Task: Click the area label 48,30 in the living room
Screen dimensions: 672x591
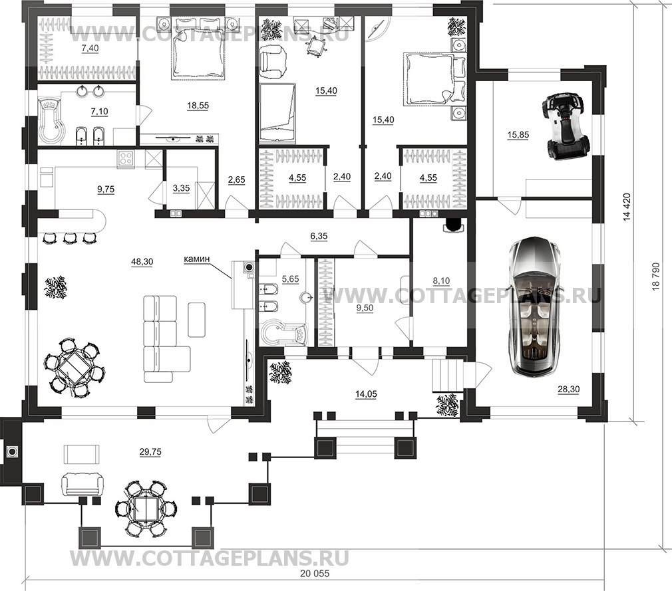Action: (142, 262)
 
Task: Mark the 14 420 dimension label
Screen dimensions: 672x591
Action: (627, 207)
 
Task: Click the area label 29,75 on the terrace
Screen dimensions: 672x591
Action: (150, 452)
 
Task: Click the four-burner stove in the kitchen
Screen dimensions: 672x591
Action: (126, 158)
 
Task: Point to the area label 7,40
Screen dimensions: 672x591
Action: (90, 49)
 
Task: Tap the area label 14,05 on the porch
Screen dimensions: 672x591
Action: (367, 394)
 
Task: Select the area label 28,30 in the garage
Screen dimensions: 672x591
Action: (569, 390)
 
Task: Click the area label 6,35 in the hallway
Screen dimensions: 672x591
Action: (319, 236)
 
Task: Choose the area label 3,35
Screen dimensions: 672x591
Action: (181, 188)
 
